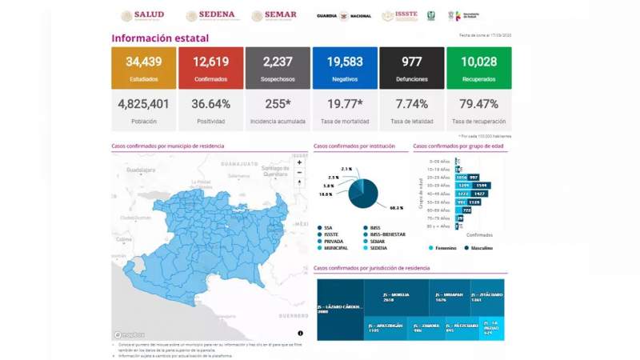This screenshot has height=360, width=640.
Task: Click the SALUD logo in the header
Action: [x=143, y=15]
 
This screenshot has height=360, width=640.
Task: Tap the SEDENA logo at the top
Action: [x=210, y=15]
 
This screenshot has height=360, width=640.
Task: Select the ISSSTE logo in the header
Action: [x=399, y=16]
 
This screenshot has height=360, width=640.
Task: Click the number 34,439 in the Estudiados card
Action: [x=144, y=63]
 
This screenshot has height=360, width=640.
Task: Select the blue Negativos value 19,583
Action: [x=345, y=63]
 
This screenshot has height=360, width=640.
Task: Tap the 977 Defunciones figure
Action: [x=411, y=63]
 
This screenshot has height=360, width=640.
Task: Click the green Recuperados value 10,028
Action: [x=478, y=63]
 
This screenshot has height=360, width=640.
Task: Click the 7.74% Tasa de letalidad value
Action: [x=411, y=104]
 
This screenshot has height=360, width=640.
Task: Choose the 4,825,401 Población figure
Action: [x=144, y=104]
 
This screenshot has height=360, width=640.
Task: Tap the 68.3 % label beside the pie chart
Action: [x=395, y=208]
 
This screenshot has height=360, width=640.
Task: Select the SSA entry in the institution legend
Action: [x=327, y=227]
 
